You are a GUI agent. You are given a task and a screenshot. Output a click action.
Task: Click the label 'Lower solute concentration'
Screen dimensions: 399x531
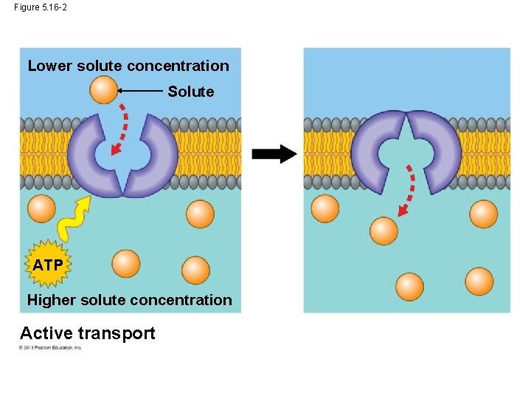[128, 66]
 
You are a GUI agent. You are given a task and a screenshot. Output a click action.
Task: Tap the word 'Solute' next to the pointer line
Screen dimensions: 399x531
[190, 92]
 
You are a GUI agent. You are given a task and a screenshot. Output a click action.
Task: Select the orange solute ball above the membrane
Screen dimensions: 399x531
[104, 90]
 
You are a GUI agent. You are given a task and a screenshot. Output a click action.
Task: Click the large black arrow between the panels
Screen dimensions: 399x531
[274, 154]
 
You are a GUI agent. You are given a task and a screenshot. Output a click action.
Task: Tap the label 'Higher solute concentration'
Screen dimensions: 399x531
[129, 300]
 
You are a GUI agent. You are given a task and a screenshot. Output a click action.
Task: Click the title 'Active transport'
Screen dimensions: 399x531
[88, 333]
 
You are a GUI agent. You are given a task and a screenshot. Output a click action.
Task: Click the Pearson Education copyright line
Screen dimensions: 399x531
[51, 347]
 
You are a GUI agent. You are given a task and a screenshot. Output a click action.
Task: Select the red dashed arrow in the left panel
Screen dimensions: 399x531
[119, 129]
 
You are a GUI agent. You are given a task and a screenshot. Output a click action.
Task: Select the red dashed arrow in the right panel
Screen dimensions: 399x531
[407, 191]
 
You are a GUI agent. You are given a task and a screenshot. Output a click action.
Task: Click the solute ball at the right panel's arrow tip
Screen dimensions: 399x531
[383, 231]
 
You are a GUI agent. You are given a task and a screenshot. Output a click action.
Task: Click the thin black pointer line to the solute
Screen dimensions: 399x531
[141, 91]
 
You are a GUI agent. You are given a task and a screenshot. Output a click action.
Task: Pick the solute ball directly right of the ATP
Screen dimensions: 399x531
[126, 264]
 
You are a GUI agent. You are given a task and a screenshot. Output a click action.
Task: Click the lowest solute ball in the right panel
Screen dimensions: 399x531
[409, 286]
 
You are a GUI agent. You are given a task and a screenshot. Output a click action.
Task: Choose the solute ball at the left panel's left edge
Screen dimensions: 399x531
[41, 208]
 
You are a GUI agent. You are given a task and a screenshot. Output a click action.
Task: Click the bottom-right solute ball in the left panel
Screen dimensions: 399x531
[195, 270]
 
